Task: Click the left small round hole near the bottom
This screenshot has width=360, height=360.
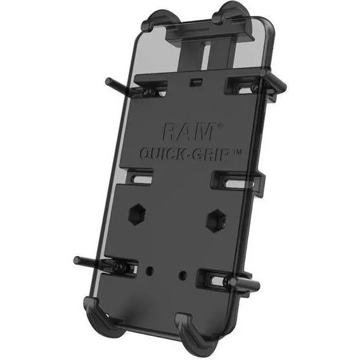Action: [149, 270]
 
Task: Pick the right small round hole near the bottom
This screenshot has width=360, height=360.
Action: [184, 275]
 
